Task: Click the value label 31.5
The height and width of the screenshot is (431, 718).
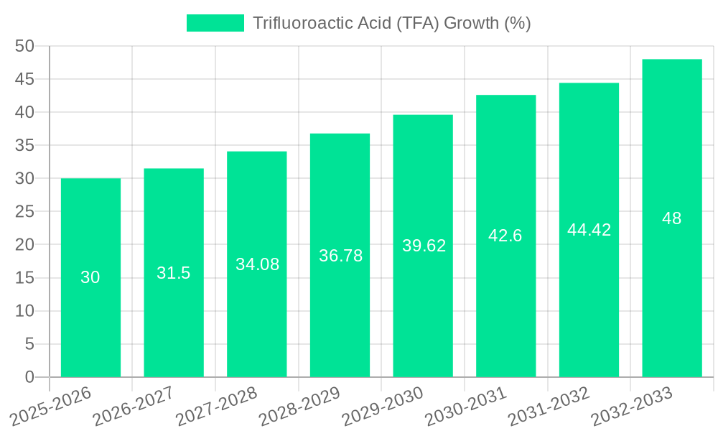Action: pyautogui.click(x=174, y=273)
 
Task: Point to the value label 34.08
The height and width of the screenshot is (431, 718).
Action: pyautogui.click(x=257, y=264)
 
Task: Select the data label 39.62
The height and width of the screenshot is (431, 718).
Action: pyautogui.click(x=424, y=246)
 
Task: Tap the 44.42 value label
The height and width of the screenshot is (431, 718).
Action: pyautogui.click(x=589, y=230)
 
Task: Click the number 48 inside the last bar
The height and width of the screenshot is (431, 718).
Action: pyautogui.click(x=671, y=218)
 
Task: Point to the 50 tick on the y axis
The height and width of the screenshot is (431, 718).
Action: pyautogui.click(x=24, y=46)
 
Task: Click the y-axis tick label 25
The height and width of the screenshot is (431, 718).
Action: pyautogui.click(x=24, y=212)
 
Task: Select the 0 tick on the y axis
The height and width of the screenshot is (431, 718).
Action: pyautogui.click(x=29, y=377)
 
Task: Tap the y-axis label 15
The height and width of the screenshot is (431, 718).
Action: pyautogui.click(x=24, y=278)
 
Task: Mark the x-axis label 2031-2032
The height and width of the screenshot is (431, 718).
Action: pyautogui.click(x=549, y=406)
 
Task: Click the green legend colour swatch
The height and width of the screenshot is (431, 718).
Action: pyautogui.click(x=215, y=23)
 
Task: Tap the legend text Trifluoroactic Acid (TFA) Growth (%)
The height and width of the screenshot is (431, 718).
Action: pyautogui.click(x=392, y=23)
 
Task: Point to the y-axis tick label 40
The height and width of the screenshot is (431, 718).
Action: pyautogui.click(x=24, y=112)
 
